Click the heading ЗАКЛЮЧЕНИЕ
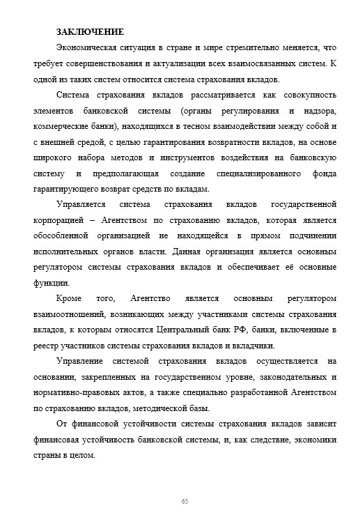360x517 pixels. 90,32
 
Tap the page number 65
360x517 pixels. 185,502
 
